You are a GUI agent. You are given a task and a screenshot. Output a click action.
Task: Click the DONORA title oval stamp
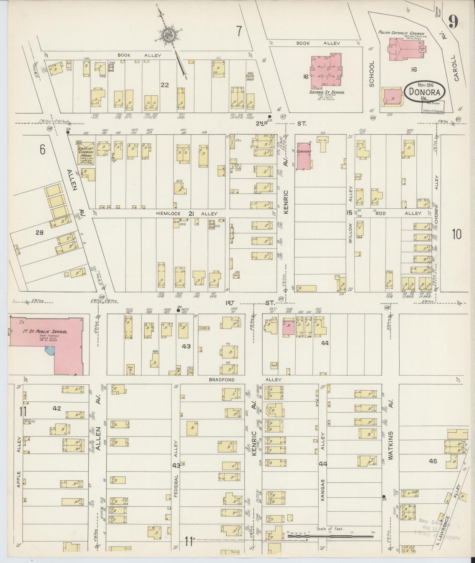(424, 92)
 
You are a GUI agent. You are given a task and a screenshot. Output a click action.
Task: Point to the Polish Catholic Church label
(401, 33)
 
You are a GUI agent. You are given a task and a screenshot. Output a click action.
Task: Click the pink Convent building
(304, 156)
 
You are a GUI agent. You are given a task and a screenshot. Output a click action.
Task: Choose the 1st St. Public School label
(45, 332)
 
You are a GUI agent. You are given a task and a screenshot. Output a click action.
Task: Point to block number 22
(165, 85)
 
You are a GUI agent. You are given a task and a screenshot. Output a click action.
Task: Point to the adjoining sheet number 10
(457, 234)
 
